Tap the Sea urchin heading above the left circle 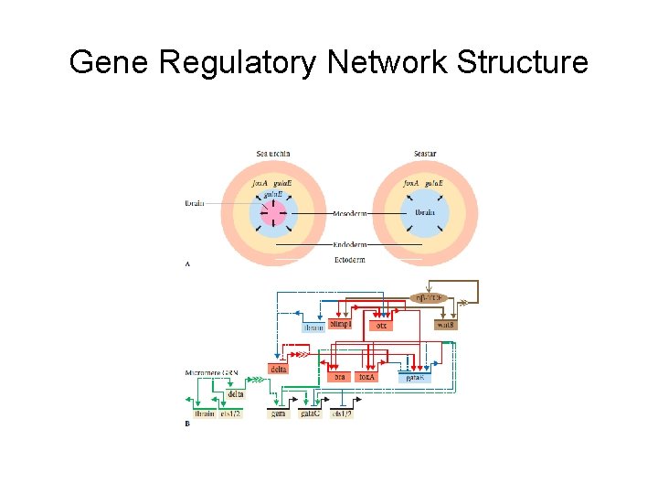(273, 153)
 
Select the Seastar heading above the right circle (424, 153)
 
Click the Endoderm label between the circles (349, 245)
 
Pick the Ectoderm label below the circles (349, 260)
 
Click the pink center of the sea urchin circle (273, 215)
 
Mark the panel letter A (188, 264)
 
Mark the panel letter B (187, 424)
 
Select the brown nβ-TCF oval (429, 298)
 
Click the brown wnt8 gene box (446, 325)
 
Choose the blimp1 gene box (341, 324)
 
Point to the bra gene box (340, 376)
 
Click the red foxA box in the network (367, 376)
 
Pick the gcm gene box (278, 413)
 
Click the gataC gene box (311, 413)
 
